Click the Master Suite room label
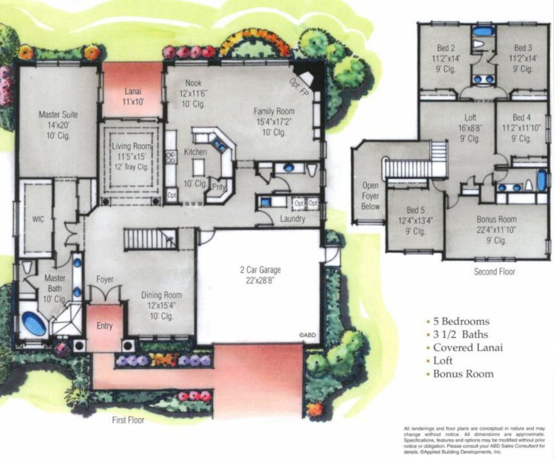58,115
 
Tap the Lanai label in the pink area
133,91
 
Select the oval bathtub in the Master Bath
34,324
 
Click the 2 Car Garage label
260,270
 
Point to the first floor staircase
150,239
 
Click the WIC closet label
38,219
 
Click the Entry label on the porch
104,326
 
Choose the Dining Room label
161,296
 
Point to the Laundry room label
292,219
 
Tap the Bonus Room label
496,219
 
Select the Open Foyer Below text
371,196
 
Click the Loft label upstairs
470,117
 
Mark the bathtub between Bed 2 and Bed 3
483,31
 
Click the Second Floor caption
494,272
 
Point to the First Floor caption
128,420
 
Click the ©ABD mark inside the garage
307,335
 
